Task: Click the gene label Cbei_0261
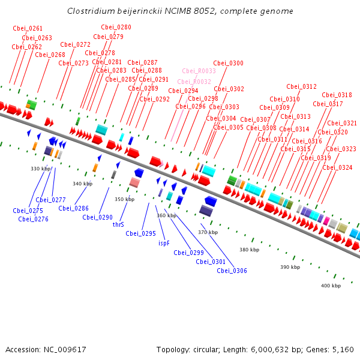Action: [x=28, y=28]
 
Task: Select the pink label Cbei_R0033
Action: [x=199, y=71]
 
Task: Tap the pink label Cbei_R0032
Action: [x=194, y=82]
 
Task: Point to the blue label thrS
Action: [x=118, y=224]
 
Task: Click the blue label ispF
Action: [x=164, y=243]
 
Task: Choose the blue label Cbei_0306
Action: [x=232, y=271]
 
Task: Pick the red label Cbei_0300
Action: [x=228, y=63]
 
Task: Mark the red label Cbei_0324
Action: [x=337, y=167]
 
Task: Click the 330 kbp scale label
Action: [x=40, y=169]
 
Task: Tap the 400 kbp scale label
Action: [x=331, y=286]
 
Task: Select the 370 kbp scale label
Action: [x=208, y=232]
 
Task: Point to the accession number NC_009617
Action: [x=65, y=350]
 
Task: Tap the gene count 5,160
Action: [x=343, y=350]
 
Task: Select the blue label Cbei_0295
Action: [x=141, y=233]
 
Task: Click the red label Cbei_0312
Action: [x=301, y=86]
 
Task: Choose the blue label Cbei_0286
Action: [x=73, y=208]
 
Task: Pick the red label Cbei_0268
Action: [x=50, y=55]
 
